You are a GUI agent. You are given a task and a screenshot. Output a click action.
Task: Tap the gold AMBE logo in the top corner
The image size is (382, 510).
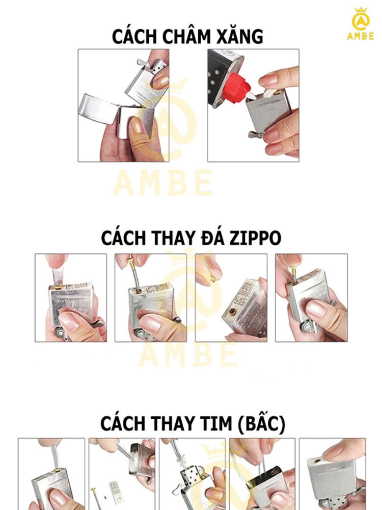tap(361, 24)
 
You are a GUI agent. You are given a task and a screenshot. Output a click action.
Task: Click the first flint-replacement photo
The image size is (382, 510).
tap(71, 298)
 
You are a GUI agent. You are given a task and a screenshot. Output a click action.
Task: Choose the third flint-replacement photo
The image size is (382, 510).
tap(231, 298)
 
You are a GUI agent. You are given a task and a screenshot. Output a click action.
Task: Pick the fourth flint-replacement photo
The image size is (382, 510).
tap(311, 298)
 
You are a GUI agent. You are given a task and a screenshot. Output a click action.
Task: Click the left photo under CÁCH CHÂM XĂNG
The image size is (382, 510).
tap(123, 106)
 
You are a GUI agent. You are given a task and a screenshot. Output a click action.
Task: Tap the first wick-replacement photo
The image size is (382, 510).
tap(51, 474)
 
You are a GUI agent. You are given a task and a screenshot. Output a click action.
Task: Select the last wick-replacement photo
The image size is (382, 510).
tap(332, 474)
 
